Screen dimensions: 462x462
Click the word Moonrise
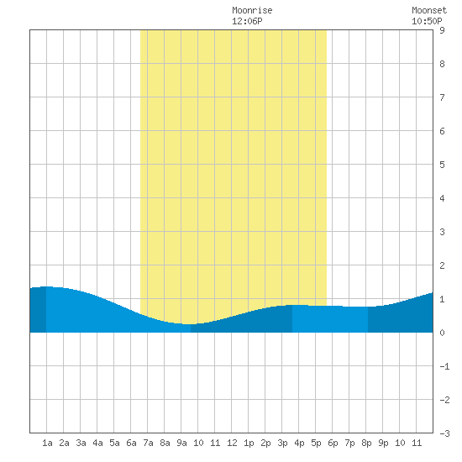pos(252,10)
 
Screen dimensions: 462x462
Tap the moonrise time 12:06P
pos(247,21)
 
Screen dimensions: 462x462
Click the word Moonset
pos(429,10)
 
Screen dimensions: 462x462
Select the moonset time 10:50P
pos(427,21)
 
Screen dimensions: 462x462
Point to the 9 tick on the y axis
pos(442,30)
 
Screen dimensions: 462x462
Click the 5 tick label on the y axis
pos(442,165)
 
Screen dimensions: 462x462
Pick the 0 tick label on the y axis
pos(442,333)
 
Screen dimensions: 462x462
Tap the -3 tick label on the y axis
pos(444,433)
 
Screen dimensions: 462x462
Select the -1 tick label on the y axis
pos(444,366)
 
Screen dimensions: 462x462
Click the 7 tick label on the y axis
pos(442,97)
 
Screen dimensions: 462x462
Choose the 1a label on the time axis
pos(47,443)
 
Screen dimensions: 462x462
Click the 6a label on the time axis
pos(131,443)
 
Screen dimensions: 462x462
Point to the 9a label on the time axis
pos(181,443)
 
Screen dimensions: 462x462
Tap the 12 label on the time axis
pos(232,443)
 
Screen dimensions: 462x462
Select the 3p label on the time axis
pos(282,443)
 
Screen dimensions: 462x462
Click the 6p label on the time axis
pos(333,443)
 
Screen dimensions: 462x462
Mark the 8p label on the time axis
pos(366,443)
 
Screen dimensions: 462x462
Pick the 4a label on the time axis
pos(97,443)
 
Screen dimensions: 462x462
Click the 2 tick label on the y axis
pos(442,265)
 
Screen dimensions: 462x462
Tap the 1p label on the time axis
pos(249,443)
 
